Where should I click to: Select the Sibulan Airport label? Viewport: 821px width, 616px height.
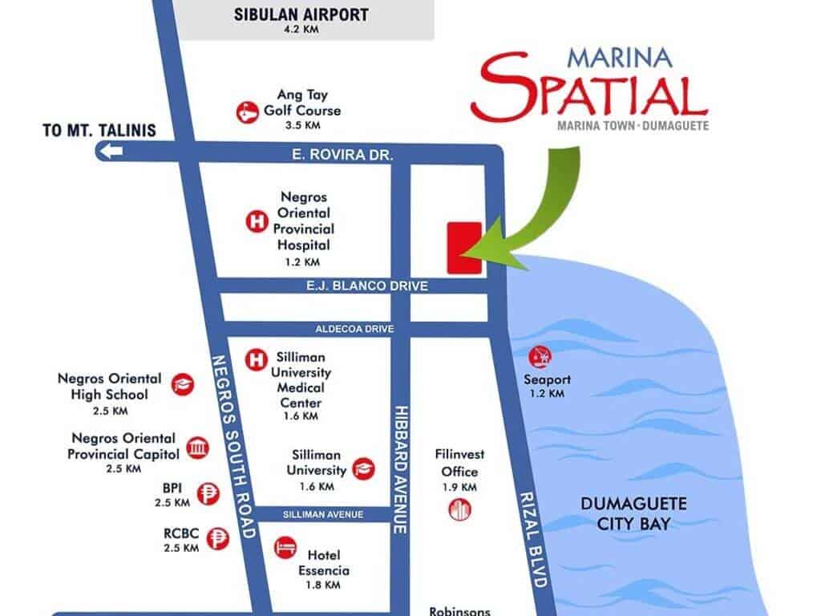coord(301,14)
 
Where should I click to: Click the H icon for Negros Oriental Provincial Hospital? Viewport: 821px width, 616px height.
coord(255,221)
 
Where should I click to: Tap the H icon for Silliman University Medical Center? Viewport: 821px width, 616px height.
coord(254,358)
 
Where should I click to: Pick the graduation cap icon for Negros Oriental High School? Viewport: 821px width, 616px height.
coord(184,384)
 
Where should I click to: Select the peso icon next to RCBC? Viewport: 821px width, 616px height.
coord(216,540)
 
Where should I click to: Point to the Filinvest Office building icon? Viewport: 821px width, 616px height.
coord(460,509)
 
